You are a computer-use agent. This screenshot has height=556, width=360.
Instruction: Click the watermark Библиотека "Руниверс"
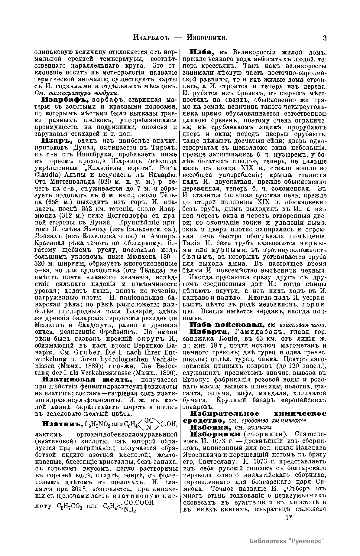[x=288, y=541]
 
